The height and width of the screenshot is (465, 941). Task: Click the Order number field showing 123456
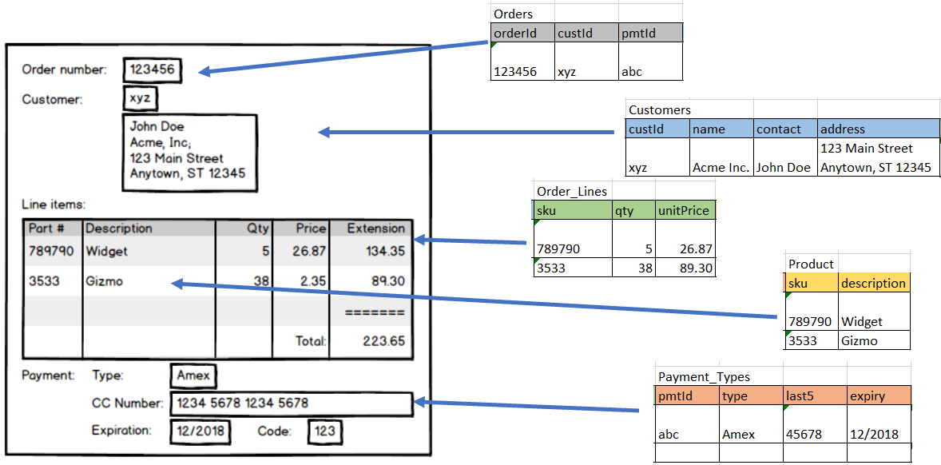(152, 70)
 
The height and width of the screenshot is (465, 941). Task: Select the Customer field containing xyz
(140, 99)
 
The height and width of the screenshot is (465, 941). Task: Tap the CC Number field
(291, 403)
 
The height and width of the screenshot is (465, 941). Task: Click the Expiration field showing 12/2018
(201, 431)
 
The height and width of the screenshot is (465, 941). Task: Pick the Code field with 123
(324, 431)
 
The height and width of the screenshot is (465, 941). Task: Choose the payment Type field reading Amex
(193, 376)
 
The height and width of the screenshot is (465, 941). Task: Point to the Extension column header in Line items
(375, 229)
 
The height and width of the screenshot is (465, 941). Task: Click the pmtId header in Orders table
(650, 33)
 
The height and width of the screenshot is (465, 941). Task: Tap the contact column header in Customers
(785, 129)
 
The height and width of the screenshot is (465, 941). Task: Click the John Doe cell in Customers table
(785, 167)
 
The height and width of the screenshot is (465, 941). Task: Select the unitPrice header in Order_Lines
(685, 210)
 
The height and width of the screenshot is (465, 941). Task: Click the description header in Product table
(873, 283)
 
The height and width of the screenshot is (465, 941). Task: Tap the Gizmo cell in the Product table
(859, 340)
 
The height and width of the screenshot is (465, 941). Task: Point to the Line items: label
(54, 205)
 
